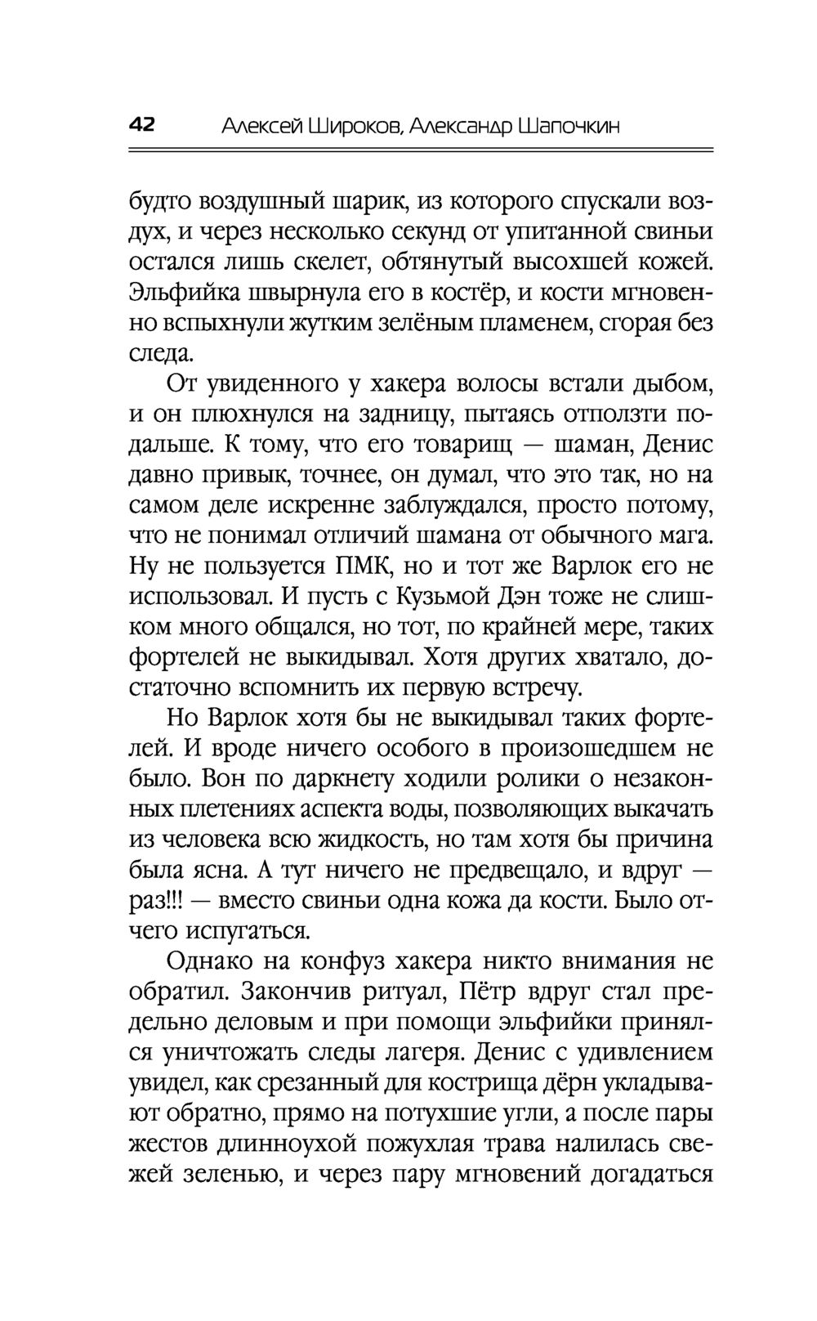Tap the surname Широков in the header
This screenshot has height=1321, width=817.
coord(354,127)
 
